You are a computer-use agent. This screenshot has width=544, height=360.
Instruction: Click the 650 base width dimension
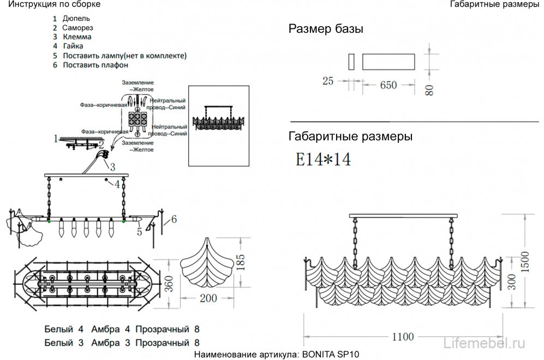pyautogui.click(x=388, y=85)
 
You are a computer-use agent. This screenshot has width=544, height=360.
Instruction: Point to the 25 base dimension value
pyautogui.click(x=327, y=82)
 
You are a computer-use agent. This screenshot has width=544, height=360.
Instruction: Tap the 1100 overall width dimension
pyautogui.click(x=403, y=337)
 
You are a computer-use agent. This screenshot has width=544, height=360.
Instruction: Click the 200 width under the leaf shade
pyautogui.click(x=208, y=298)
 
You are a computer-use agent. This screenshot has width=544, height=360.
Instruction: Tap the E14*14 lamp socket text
pyautogui.click(x=322, y=159)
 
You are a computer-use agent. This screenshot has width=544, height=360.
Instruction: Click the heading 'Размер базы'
pyautogui.click(x=326, y=29)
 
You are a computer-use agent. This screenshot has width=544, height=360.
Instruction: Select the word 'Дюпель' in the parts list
pyautogui.click(x=80, y=18)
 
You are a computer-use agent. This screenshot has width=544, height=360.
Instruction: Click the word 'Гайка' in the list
pyautogui.click(x=73, y=46)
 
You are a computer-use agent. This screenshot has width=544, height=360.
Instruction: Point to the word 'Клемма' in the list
pyautogui.click(x=77, y=37)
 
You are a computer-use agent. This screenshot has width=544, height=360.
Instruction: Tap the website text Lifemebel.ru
pyautogui.click(x=485, y=343)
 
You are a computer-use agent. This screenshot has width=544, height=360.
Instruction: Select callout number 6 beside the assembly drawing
pyautogui.click(x=174, y=220)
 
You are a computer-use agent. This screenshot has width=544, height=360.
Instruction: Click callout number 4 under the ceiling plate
pyautogui.click(x=117, y=184)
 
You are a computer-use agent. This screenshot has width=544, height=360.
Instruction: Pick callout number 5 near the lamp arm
pyautogui.click(x=139, y=232)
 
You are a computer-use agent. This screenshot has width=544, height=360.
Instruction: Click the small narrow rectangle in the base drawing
pyautogui.click(x=351, y=61)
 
